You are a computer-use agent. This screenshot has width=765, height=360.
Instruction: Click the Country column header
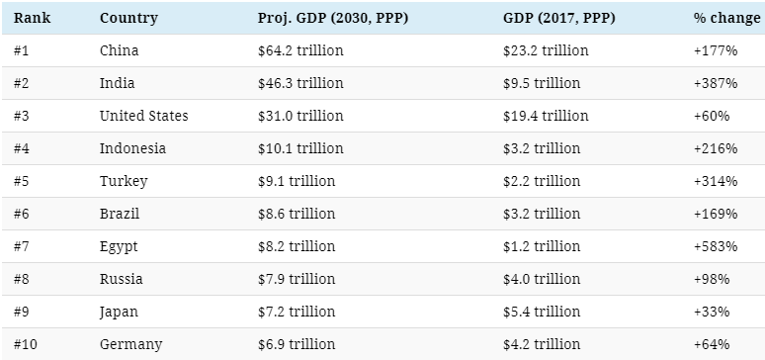click(x=128, y=18)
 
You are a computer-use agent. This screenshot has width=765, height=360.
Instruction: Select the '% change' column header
click(x=726, y=18)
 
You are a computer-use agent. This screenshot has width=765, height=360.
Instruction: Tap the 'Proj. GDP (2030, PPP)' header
click(x=333, y=18)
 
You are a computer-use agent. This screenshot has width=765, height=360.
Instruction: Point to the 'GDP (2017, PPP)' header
click(x=559, y=18)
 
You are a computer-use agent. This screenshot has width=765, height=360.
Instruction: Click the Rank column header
click(x=32, y=18)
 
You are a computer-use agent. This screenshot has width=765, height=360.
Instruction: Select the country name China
click(x=119, y=50)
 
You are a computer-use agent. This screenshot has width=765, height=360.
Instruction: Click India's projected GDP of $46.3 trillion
click(x=300, y=83)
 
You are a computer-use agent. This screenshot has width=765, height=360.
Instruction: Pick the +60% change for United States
click(x=712, y=116)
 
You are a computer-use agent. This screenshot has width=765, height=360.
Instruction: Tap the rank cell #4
click(x=22, y=148)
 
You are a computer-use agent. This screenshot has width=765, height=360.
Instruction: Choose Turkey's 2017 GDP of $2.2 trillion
click(x=542, y=181)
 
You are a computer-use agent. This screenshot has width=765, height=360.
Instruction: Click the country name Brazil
click(x=120, y=214)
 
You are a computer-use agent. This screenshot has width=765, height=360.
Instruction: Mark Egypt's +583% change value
click(x=716, y=246)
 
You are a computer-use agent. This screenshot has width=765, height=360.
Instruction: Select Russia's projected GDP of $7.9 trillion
click(x=297, y=280)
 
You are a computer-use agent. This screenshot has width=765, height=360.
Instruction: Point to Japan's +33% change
click(x=712, y=312)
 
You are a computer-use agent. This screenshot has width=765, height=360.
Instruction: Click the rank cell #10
click(x=26, y=344)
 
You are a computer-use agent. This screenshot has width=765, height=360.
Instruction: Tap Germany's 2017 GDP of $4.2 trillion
click(x=542, y=344)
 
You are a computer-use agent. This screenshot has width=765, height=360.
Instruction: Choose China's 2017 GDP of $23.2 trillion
click(x=546, y=50)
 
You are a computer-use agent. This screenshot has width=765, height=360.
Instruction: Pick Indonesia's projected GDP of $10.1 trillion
click(x=300, y=148)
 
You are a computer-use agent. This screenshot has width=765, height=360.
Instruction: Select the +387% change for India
click(x=716, y=83)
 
